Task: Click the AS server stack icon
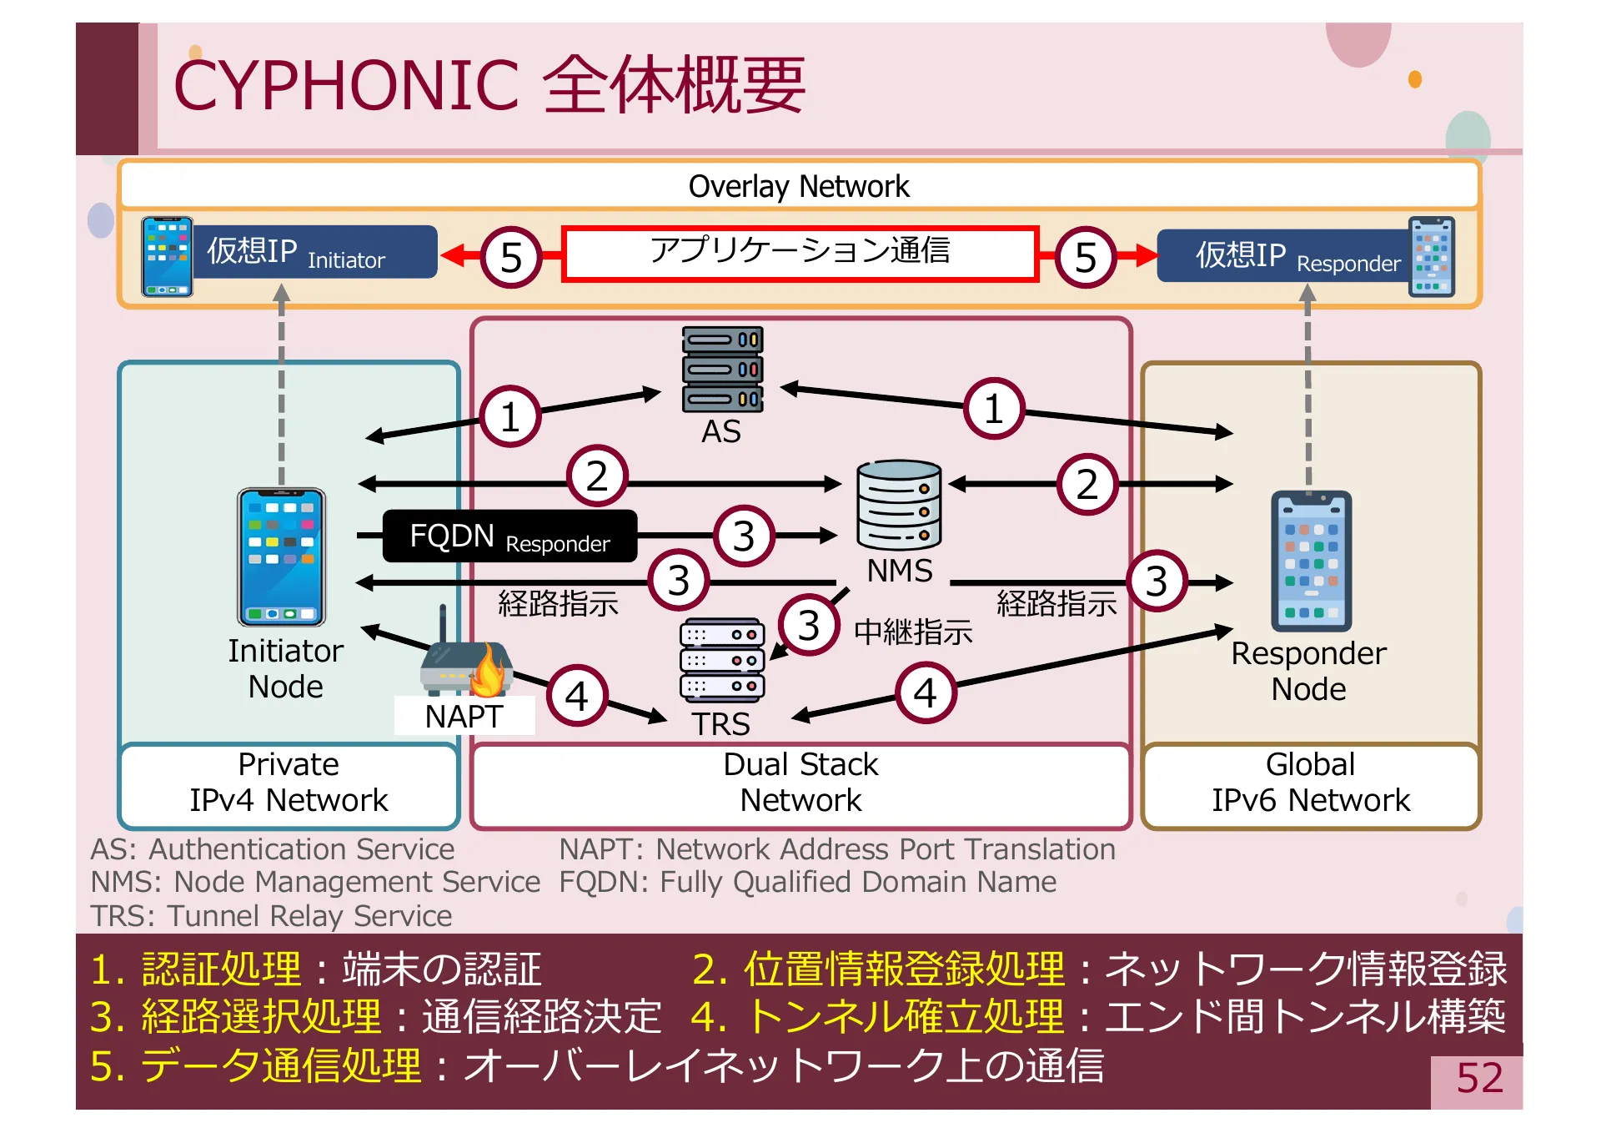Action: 722,369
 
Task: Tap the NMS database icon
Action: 899,504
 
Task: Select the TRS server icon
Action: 722,660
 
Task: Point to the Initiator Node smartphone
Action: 282,556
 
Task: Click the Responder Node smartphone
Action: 1311,561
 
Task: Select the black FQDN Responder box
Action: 509,536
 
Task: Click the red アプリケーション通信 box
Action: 800,253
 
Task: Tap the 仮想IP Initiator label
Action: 320,252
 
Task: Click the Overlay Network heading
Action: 799,186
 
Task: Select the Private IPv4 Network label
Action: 289,783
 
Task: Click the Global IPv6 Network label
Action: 1311,783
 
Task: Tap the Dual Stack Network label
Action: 800,783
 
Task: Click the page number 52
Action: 1479,1078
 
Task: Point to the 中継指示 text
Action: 913,632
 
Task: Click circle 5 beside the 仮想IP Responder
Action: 1085,257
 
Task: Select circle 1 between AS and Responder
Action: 993,409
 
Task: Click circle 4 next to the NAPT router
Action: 577,696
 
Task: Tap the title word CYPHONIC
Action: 346,86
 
